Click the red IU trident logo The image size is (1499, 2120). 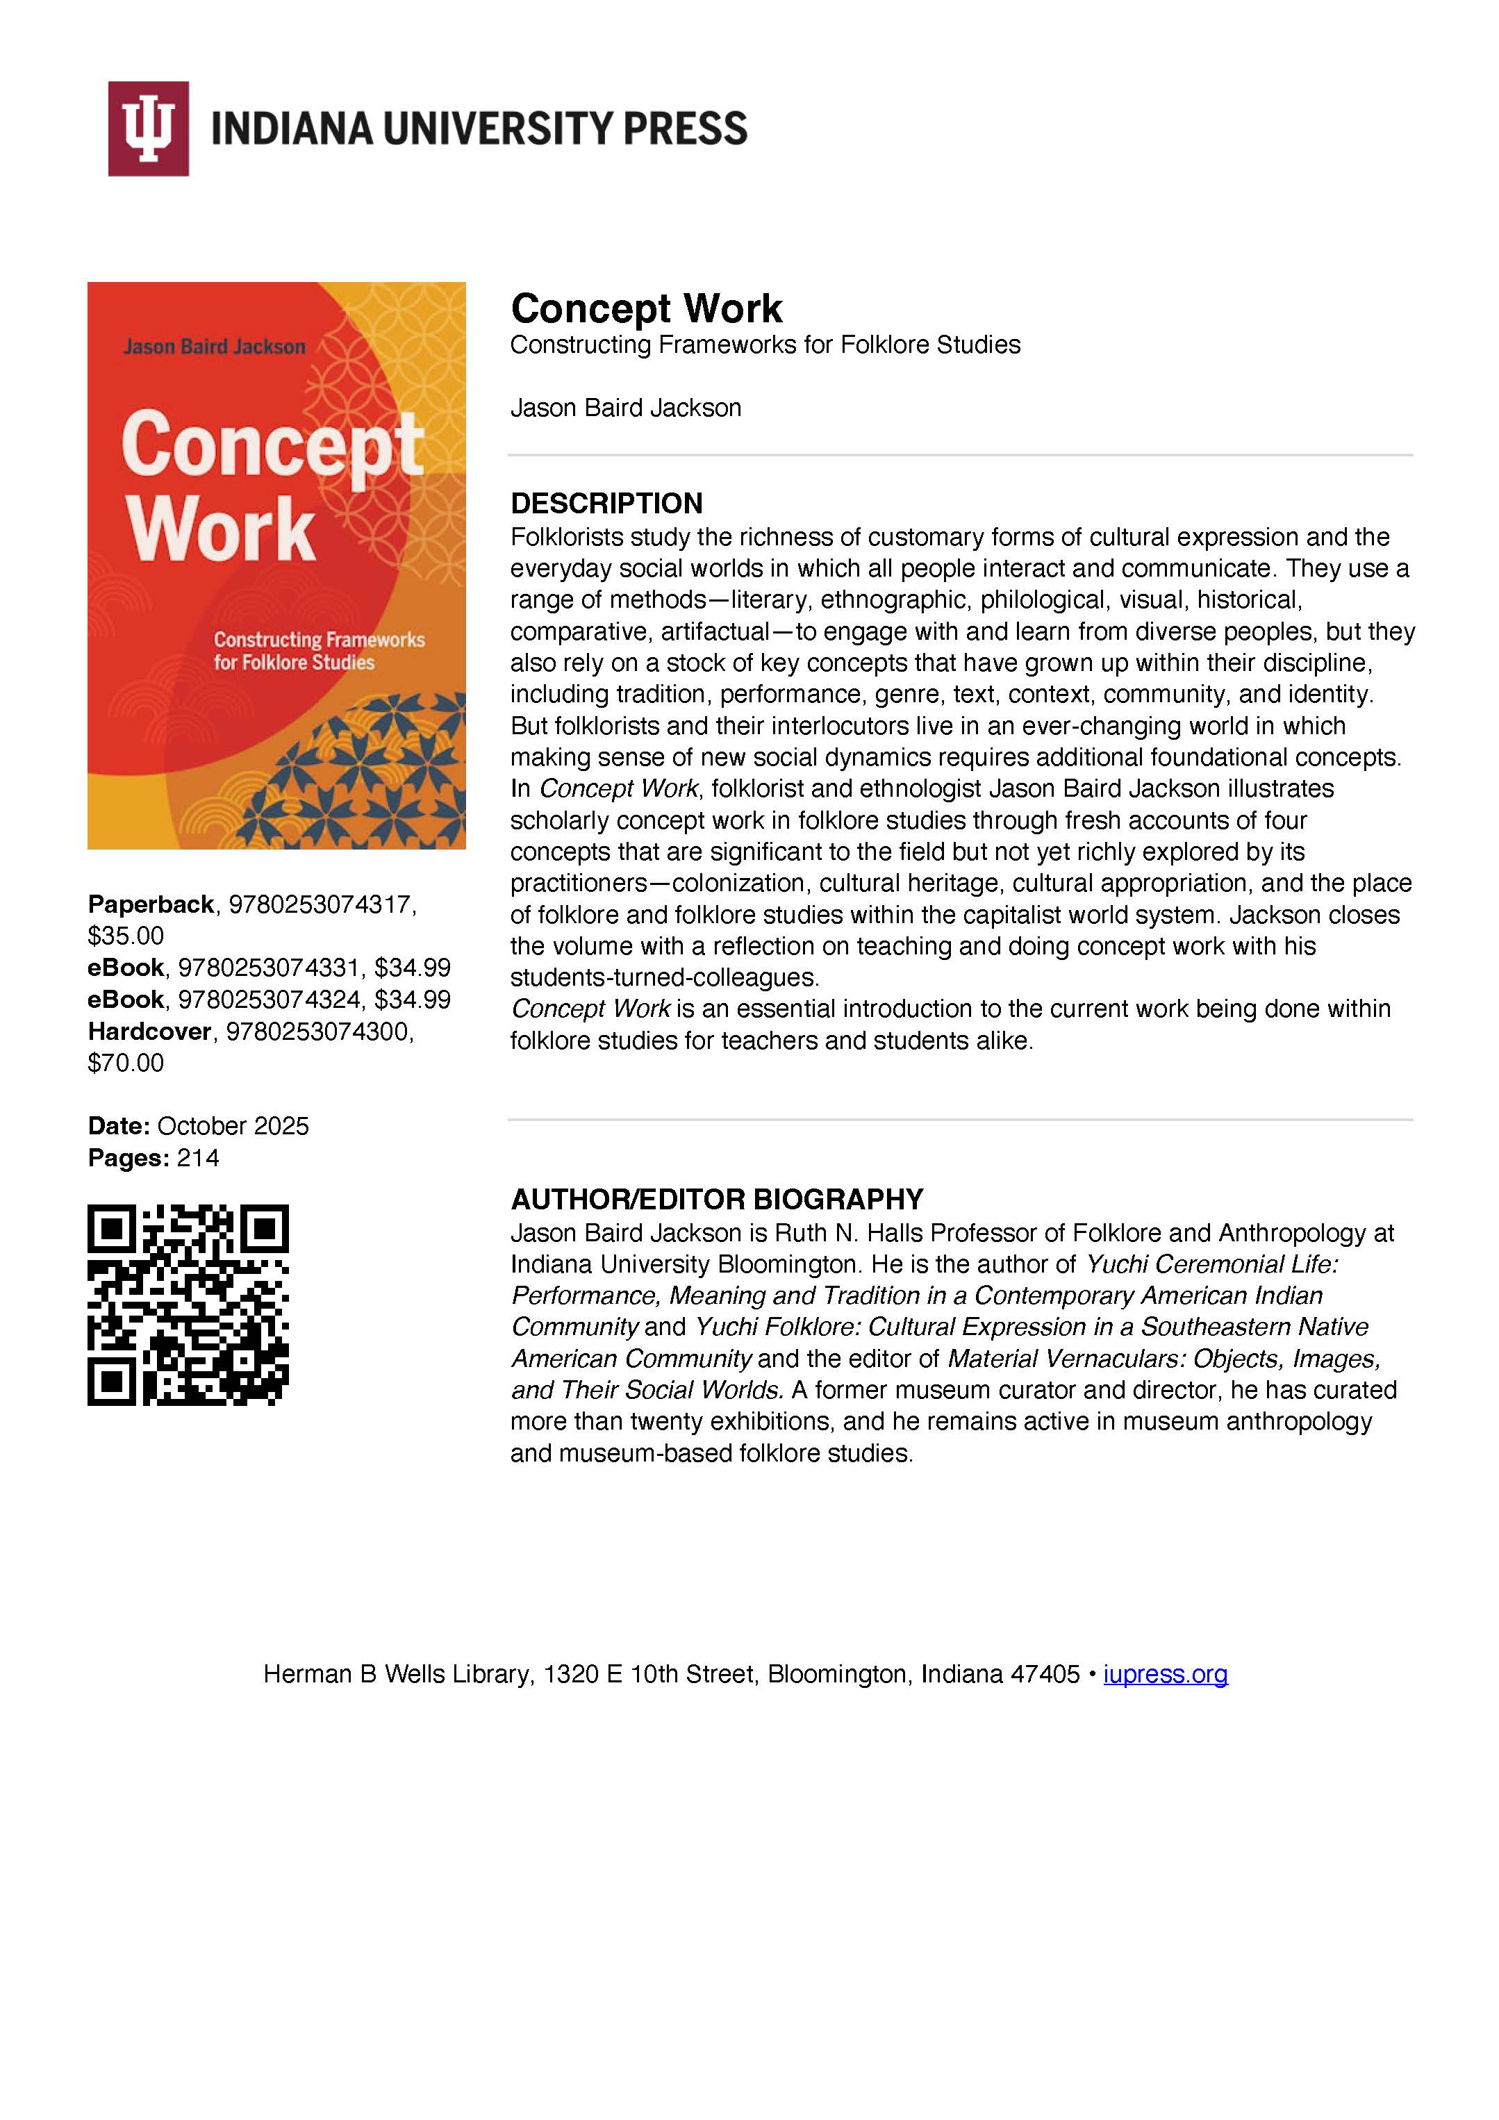(x=148, y=129)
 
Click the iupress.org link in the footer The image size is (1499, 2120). (x=1165, y=1674)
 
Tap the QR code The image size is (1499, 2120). (x=188, y=1305)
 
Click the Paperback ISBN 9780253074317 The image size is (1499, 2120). (x=319, y=905)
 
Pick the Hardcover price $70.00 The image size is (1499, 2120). (x=126, y=1063)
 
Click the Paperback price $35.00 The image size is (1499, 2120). (x=126, y=936)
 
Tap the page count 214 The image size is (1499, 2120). (x=198, y=1158)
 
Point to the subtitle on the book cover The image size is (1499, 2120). (x=319, y=651)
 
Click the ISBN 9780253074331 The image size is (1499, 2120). (x=268, y=968)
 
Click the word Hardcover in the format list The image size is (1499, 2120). (x=149, y=1032)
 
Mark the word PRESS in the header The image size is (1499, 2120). (x=686, y=129)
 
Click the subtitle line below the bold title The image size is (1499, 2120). (x=765, y=345)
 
